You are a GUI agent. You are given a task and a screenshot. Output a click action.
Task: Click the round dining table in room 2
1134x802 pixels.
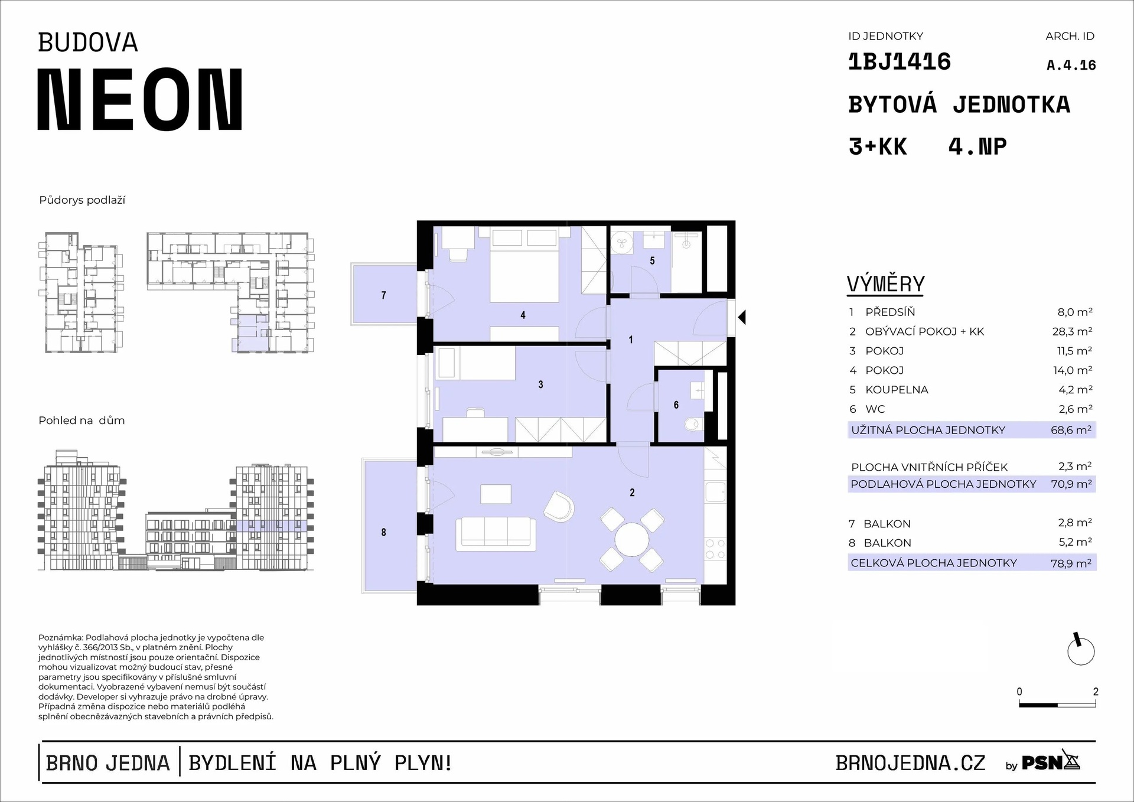[631, 540]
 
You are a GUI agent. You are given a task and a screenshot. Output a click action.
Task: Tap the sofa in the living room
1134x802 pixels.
[496, 533]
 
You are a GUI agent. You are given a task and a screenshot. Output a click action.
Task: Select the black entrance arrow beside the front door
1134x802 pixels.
[742, 317]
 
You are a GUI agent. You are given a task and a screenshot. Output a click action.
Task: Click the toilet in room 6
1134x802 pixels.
[693, 423]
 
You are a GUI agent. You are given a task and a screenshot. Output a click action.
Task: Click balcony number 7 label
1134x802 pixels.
[384, 295]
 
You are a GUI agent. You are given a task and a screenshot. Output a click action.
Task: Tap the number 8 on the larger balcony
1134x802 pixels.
[383, 532]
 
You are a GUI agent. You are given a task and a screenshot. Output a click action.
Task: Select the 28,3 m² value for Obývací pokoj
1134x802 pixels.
[1072, 331]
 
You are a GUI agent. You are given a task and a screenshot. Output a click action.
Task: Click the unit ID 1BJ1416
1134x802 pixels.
[900, 62]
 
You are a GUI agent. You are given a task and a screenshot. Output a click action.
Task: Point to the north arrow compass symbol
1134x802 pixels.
[1081, 650]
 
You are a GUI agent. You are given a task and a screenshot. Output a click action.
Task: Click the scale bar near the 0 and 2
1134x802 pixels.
[1057, 705]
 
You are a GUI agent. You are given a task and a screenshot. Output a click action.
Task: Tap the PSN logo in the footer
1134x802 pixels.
[1051, 762]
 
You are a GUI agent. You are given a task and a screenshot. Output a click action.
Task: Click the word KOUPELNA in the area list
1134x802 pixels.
[897, 390]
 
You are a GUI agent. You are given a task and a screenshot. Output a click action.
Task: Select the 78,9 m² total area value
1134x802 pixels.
[1071, 563]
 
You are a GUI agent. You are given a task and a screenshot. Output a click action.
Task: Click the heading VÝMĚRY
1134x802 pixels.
[885, 284]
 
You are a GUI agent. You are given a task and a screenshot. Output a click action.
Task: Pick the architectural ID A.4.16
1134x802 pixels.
[1071, 66]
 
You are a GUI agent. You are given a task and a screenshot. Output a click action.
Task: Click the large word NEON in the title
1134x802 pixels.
[140, 99]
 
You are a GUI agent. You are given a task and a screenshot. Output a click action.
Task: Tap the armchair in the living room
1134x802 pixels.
[559, 506]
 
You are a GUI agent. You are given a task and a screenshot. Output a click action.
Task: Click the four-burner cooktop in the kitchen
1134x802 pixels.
[715, 549]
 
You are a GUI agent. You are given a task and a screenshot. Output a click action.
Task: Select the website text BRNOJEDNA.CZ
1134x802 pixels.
[910, 763]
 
